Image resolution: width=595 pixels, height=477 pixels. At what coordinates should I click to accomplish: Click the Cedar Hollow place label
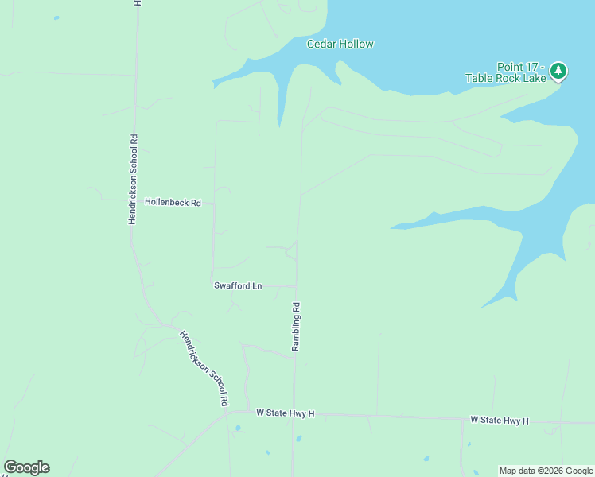click(340, 45)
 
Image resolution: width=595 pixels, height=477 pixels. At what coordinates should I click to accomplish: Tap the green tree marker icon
click(558, 72)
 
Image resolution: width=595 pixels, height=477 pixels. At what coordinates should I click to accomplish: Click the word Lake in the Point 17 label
click(531, 78)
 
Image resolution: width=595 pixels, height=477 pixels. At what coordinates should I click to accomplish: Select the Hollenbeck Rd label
click(173, 203)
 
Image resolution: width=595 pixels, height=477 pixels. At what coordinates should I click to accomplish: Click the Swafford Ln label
click(238, 285)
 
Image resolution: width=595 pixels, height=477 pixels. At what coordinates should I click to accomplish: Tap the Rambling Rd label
click(296, 326)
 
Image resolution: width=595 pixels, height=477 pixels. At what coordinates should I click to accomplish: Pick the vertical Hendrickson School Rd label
click(134, 179)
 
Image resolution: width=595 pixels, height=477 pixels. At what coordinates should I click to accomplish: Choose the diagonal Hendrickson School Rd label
click(204, 369)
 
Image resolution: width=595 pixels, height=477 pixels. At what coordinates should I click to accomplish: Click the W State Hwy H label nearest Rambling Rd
click(286, 413)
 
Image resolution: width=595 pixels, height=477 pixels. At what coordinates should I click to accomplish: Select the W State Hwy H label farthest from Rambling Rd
click(499, 420)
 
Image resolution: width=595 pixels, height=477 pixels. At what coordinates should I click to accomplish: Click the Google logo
click(26, 467)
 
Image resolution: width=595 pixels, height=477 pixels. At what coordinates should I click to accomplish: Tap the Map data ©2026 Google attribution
click(546, 471)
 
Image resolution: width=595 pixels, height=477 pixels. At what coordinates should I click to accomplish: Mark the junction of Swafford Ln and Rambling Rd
click(297, 285)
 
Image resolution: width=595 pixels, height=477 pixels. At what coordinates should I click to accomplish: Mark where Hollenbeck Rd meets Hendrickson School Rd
click(135, 203)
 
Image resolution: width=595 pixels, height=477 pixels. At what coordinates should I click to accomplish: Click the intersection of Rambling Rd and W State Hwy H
click(294, 413)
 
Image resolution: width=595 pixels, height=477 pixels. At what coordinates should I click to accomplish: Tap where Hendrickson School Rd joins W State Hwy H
click(227, 412)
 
